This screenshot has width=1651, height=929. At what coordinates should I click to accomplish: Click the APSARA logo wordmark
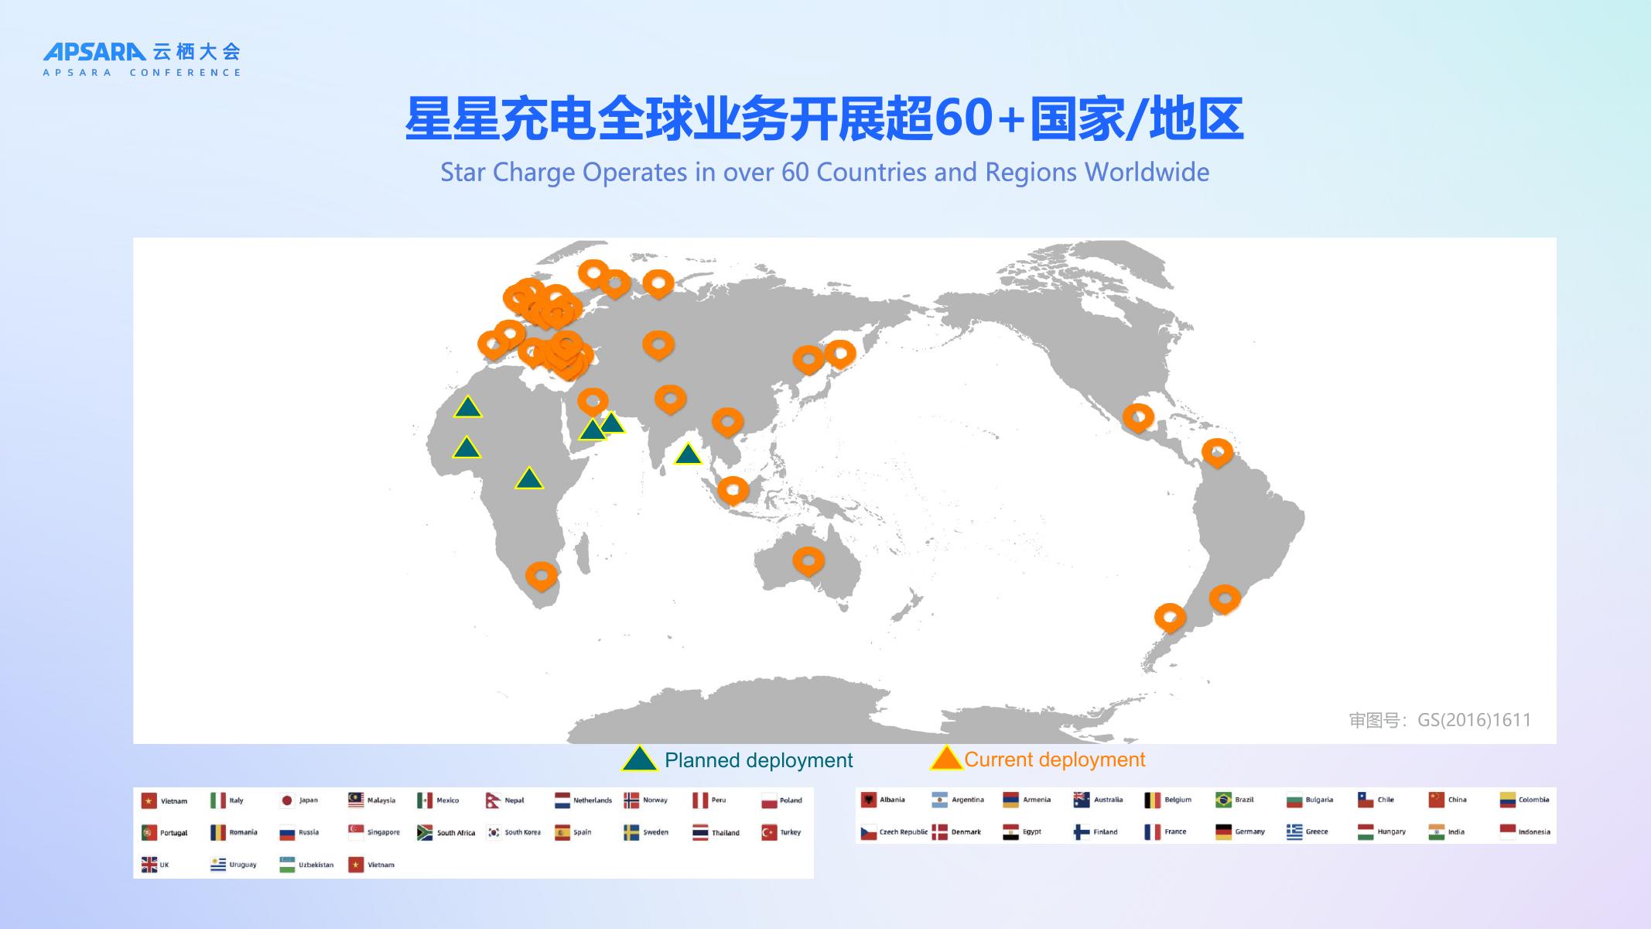(x=94, y=52)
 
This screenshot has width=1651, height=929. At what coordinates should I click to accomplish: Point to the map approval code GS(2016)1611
(x=1473, y=720)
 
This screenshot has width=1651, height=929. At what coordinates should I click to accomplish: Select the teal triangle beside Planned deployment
(x=639, y=759)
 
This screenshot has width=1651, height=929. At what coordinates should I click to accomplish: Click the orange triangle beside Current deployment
(x=945, y=759)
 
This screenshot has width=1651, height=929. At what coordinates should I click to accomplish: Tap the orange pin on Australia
(x=808, y=560)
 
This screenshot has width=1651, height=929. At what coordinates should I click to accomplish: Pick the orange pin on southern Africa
(x=541, y=574)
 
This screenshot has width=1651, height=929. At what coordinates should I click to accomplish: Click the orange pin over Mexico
(x=1138, y=417)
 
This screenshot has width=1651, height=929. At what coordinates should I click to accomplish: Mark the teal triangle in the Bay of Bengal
(x=687, y=454)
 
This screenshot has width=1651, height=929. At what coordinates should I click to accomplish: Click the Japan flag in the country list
(x=287, y=800)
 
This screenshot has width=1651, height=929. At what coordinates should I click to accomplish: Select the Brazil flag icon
(x=1223, y=800)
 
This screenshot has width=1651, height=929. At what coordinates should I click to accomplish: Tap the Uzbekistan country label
(x=316, y=865)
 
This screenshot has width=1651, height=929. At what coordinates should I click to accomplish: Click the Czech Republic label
(x=903, y=832)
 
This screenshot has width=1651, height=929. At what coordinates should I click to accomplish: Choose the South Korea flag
(x=493, y=832)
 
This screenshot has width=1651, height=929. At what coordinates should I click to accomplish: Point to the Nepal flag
(x=493, y=800)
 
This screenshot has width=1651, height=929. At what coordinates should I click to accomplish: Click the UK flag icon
(x=149, y=864)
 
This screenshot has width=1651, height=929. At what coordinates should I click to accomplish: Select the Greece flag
(x=1294, y=831)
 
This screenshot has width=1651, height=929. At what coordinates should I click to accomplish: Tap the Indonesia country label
(x=1533, y=832)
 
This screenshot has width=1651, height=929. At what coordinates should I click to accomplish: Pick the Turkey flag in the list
(x=768, y=832)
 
